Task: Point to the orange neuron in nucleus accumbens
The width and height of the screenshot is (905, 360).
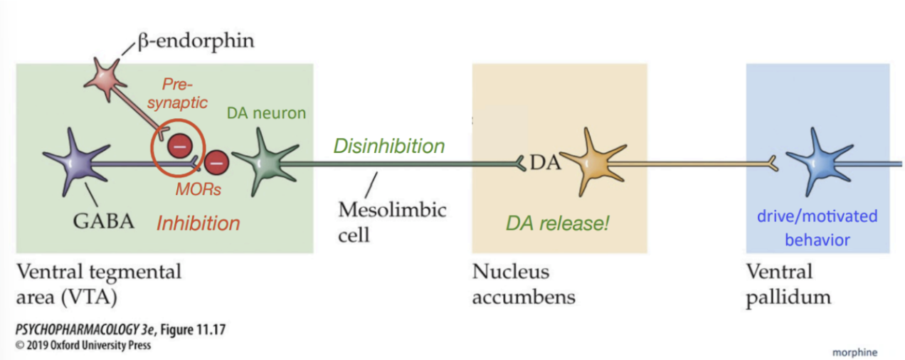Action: point(589,164)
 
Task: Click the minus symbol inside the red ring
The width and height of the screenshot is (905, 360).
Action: point(179,147)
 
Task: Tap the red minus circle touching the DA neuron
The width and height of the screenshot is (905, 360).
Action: point(216,163)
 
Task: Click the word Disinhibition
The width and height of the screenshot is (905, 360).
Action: point(389,146)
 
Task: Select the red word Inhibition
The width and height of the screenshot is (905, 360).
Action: point(199,223)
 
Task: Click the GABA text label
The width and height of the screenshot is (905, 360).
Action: point(104,221)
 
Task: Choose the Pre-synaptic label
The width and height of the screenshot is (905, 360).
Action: point(182,93)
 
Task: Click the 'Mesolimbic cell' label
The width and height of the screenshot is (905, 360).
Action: point(392,221)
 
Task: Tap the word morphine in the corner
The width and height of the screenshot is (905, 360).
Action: point(854,352)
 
